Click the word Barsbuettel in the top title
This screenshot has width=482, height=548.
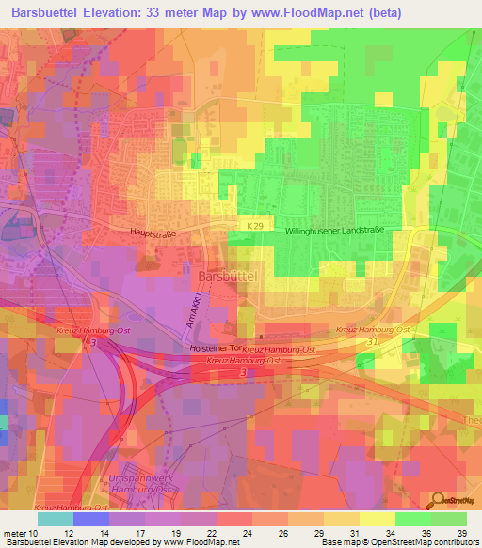pos(51,12)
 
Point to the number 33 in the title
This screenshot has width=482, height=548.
pos(178,12)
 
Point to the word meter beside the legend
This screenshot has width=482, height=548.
pos(12,533)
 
